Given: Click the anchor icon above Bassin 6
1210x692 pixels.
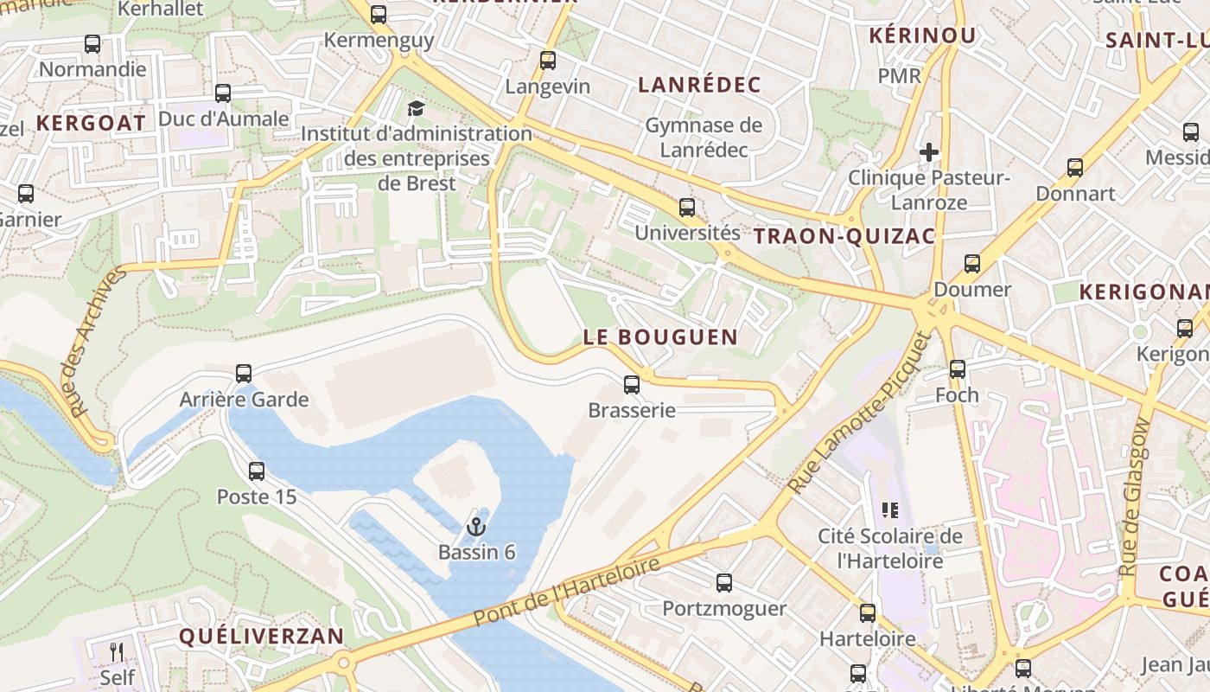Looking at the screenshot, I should click(x=475, y=526).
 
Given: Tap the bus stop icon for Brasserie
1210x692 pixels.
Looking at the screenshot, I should click(x=632, y=384).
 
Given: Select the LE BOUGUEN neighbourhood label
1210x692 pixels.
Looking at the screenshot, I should click(x=660, y=337).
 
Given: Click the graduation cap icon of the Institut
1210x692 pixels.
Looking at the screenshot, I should click(x=416, y=109).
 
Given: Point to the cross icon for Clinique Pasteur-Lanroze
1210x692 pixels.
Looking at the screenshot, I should click(x=929, y=153).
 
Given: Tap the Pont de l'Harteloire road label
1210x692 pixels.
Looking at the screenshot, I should click(x=566, y=593).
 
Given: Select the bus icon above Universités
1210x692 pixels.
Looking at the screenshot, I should click(x=687, y=208).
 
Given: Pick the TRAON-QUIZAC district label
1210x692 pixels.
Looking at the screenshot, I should click(x=844, y=236).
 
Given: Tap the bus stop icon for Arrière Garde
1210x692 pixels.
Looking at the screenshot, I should click(x=244, y=374).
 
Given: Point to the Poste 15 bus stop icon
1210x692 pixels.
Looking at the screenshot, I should click(x=257, y=471).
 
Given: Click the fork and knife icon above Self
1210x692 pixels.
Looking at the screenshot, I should click(x=117, y=651).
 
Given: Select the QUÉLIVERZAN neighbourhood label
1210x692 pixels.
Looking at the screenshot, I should click(x=261, y=637).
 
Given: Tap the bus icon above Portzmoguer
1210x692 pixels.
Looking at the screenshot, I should click(x=724, y=583).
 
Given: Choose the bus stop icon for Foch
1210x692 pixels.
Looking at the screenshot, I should click(x=958, y=369).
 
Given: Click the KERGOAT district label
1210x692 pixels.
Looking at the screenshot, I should click(x=91, y=123).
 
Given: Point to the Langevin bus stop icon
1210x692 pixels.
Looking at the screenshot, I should click(x=547, y=61).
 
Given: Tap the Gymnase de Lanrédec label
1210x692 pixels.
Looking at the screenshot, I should click(x=704, y=137).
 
